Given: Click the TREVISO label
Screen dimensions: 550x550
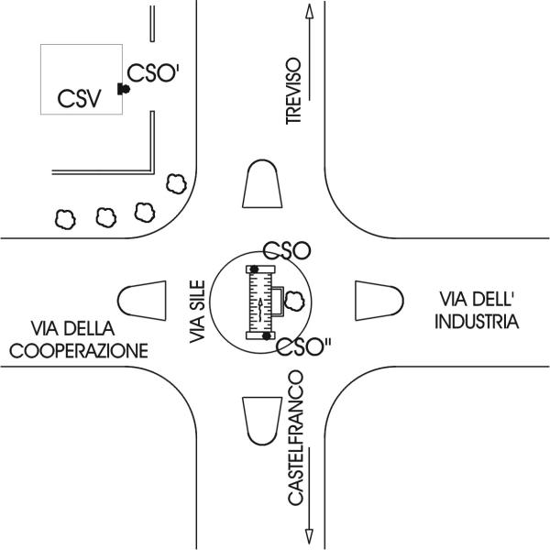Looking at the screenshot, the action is click(x=293, y=91).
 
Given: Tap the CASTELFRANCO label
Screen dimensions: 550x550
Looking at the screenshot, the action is click(x=295, y=438).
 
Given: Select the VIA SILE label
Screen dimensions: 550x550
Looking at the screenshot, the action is click(x=197, y=312).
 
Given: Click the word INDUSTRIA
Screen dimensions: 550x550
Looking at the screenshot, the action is click(x=477, y=322).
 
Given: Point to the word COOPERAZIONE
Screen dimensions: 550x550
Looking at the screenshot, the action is click(x=79, y=351).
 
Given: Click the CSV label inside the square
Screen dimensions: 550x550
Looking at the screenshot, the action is click(x=79, y=99).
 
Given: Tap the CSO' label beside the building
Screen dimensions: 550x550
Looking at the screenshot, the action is click(x=153, y=73).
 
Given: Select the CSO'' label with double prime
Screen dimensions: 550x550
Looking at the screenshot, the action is click(x=303, y=346).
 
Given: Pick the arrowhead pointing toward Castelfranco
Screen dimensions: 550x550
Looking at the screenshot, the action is click(x=309, y=536).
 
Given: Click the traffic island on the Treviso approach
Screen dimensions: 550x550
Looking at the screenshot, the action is click(x=262, y=184).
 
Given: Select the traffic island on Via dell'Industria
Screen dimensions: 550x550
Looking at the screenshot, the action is click(x=379, y=301).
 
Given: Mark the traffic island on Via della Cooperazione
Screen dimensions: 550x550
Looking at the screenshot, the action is click(x=142, y=301).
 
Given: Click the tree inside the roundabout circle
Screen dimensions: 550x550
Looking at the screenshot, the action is click(x=294, y=301).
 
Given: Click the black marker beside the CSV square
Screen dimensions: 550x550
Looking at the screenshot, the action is click(x=123, y=89).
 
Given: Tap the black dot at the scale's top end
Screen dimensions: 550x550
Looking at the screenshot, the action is click(x=254, y=269).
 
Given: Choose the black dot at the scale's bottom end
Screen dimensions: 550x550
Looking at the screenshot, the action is click(x=267, y=335).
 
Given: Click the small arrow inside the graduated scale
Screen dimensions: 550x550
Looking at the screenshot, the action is click(x=260, y=309).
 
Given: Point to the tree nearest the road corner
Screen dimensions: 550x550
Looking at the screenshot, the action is click(x=176, y=183).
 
